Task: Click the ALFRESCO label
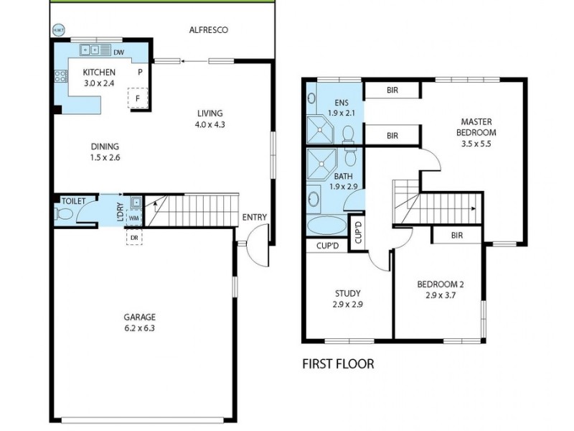pyautogui.click(x=208, y=30)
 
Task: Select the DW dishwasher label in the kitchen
pyautogui.click(x=118, y=51)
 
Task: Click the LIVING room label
pyautogui.click(x=210, y=113)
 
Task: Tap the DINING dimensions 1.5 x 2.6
pyautogui.click(x=105, y=157)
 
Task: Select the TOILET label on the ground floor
pyautogui.click(x=74, y=201)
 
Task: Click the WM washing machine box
pyautogui.click(x=133, y=218)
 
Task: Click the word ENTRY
pyautogui.click(x=255, y=218)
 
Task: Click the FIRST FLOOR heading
pyautogui.click(x=337, y=363)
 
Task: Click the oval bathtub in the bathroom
pyautogui.click(x=326, y=226)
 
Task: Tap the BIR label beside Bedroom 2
pyautogui.click(x=456, y=235)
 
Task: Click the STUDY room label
pyautogui.click(x=347, y=293)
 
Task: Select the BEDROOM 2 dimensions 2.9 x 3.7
pyautogui.click(x=437, y=295)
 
